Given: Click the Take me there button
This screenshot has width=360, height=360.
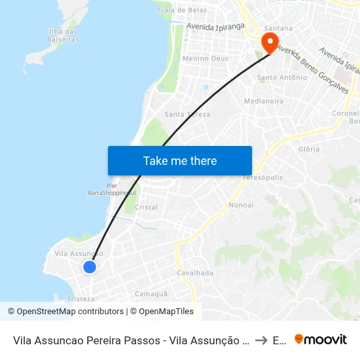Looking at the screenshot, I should tap(180, 161).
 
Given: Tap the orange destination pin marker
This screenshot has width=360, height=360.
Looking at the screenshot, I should tap(269, 43).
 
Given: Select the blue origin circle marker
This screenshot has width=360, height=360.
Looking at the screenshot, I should tap(90, 266).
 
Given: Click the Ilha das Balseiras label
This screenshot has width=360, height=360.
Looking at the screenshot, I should tap(63, 35).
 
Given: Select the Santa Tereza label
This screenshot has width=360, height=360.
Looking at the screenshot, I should tap(187, 115).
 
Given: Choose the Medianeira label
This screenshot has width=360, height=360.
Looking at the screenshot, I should tap(263, 101).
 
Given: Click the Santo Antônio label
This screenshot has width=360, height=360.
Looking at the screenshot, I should tap(282, 78).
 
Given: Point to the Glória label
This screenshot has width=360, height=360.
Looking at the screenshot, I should tap(309, 149).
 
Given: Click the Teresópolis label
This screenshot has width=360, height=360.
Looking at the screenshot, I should tap(262, 178).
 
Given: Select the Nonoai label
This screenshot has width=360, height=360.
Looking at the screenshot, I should tap(241, 206).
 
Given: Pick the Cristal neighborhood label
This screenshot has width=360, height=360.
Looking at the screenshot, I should tap(146, 207).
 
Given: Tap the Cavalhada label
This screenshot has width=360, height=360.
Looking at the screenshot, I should tap(195, 273).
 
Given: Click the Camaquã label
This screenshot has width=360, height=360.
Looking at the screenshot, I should tap(152, 294).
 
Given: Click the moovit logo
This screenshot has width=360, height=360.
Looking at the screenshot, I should tap(320, 340).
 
